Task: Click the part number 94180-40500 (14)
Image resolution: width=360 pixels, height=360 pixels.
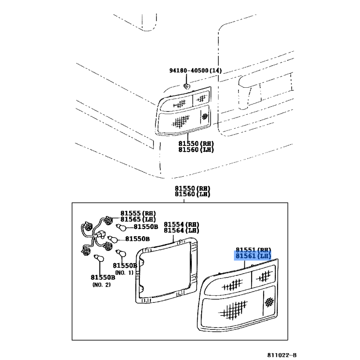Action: point(196,71)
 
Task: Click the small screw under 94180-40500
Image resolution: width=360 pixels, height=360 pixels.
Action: point(187,86)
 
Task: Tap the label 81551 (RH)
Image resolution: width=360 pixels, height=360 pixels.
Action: point(253,250)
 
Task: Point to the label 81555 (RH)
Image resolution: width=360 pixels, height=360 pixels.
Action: point(138,213)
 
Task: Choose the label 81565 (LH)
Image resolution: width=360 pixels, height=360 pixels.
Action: point(138,219)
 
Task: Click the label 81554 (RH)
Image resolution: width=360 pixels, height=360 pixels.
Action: point(181,224)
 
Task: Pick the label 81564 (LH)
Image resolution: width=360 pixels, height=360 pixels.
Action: point(181,230)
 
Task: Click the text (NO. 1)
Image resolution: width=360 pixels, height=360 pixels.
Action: point(124,273)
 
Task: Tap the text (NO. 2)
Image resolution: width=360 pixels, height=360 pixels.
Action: point(102,285)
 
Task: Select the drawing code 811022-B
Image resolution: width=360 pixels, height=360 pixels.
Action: point(282,355)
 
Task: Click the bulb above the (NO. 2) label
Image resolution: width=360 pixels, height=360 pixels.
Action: point(99,258)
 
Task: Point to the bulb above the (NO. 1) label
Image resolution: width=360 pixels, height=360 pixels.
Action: point(121,252)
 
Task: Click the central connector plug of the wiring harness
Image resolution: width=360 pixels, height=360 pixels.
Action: point(101,234)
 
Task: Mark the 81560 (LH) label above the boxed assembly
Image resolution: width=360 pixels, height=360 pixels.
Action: point(193,194)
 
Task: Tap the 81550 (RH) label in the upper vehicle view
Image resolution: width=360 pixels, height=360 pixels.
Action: point(196,144)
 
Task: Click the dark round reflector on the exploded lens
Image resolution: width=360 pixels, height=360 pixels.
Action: point(269,302)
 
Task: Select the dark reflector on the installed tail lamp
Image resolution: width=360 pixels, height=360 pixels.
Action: point(205,117)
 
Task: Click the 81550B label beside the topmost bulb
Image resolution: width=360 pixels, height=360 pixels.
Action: point(146,227)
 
